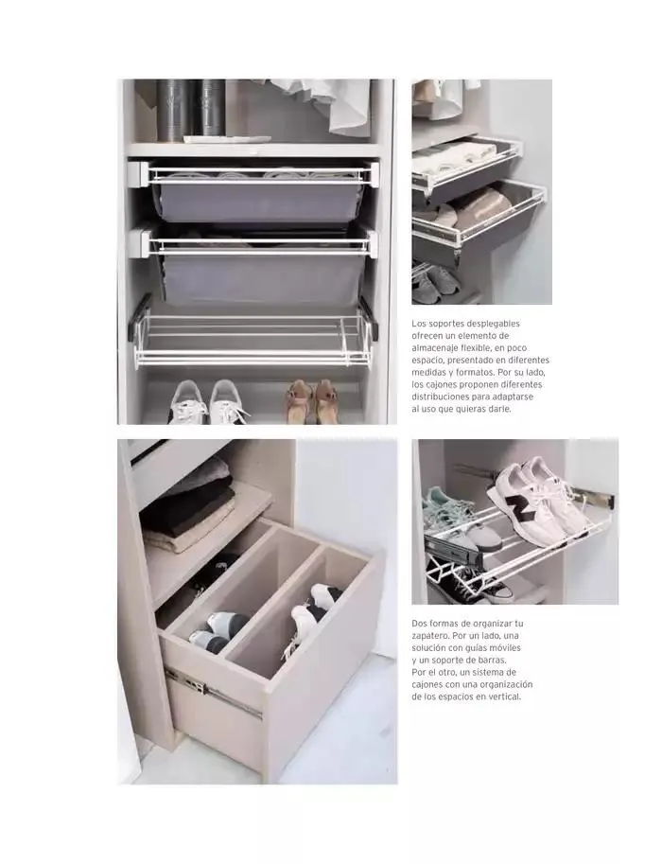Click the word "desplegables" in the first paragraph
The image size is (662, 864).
click(490, 324)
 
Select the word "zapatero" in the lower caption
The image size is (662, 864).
click(430, 636)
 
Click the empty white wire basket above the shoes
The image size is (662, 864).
click(253, 339)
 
